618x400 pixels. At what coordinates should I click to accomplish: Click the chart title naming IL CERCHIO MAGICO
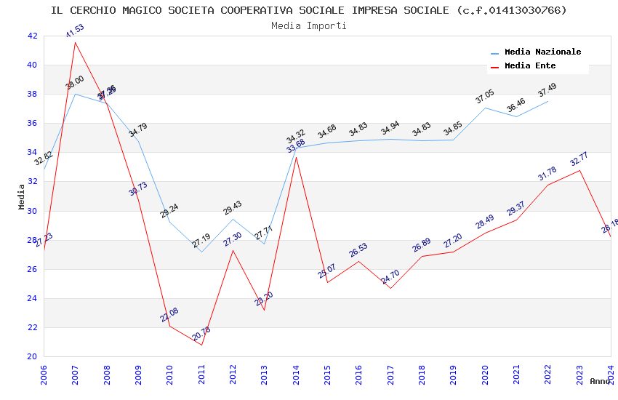[308, 10]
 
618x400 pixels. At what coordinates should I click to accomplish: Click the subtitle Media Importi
[308, 25]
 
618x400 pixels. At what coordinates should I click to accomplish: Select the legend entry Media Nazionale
[542, 52]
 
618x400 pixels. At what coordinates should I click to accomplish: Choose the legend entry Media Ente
[530, 65]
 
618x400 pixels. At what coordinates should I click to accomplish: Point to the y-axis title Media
[22, 196]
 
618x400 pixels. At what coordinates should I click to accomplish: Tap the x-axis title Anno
[600, 381]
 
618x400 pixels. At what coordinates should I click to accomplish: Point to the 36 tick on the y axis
[32, 123]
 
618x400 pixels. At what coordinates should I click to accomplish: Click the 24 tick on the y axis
[32, 298]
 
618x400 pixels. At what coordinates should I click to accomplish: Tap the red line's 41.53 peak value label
[75, 31]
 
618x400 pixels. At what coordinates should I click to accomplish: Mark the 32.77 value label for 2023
[579, 159]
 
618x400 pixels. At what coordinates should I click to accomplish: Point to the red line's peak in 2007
[75, 42]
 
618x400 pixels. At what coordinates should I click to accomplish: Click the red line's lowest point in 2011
[201, 345]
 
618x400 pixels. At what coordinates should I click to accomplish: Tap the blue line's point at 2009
[138, 140]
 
